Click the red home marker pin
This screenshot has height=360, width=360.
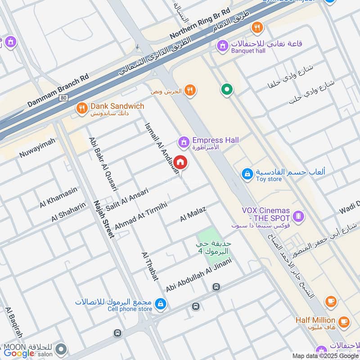tap(180, 162)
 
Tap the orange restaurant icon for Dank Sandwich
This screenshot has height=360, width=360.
tap(81, 108)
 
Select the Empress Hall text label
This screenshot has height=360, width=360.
tap(215, 140)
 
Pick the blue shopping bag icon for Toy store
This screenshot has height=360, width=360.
tap(247, 173)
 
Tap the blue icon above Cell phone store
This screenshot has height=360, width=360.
tap(160, 305)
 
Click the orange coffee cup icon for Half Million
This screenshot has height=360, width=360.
tap(344, 321)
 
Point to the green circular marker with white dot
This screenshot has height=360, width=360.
tap(227, 90)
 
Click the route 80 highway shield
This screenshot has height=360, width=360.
tap(63, 97)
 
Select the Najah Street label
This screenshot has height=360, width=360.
tap(102, 219)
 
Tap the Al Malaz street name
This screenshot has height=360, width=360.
tap(193, 213)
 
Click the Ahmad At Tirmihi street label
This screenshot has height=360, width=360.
tap(141, 215)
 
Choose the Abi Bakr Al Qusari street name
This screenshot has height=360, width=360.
tap(103, 164)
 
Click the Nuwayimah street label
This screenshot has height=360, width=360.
tap(37, 148)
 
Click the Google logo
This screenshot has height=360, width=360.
tap(19, 353)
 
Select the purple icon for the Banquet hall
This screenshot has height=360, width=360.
tap(222, 45)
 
